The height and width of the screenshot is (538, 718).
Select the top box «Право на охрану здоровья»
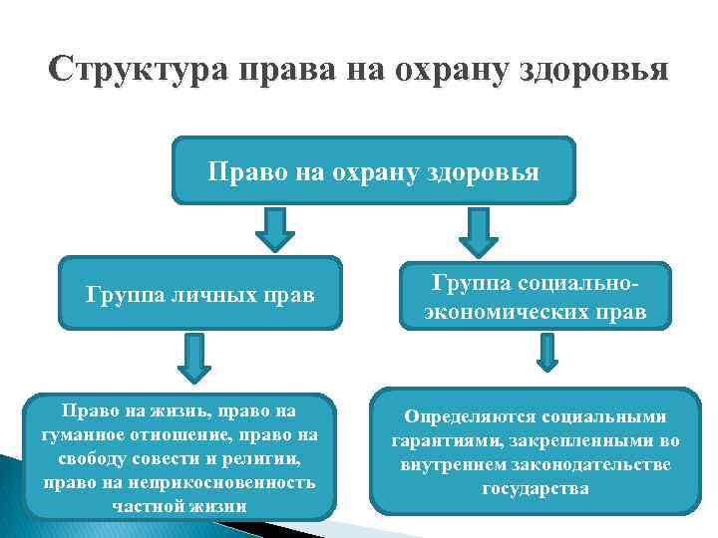pyautogui.click(x=374, y=171)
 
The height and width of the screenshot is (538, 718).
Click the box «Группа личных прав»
pyautogui.click(x=200, y=294)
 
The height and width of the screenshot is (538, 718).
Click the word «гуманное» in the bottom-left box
pyautogui.click(x=84, y=433)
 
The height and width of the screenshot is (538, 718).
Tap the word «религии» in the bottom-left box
pyautogui.click(x=262, y=458)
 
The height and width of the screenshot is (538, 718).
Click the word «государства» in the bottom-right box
pyautogui.click(x=536, y=489)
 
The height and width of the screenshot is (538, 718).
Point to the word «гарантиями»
pyautogui.click(x=429, y=440)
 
